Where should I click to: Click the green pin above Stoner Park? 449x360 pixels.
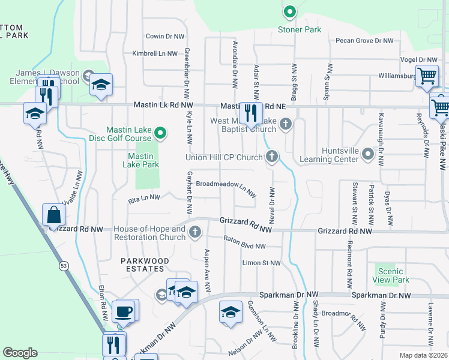289,11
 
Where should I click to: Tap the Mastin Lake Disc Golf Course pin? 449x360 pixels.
160,133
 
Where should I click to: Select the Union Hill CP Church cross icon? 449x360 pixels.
272,157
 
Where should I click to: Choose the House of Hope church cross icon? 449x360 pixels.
194,232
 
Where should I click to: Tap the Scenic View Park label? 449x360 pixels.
393,275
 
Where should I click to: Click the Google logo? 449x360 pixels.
20,353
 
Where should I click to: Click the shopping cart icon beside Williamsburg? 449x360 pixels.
427,76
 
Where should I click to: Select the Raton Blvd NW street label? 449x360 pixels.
244,245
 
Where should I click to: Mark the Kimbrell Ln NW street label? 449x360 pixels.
155,53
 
